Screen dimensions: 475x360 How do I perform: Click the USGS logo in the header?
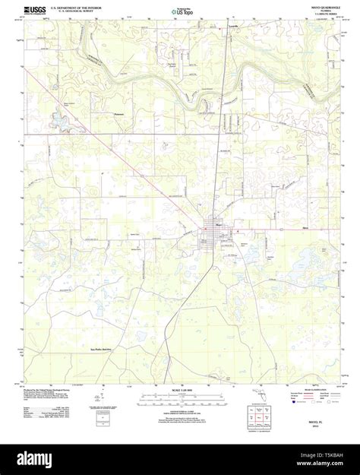36,10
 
